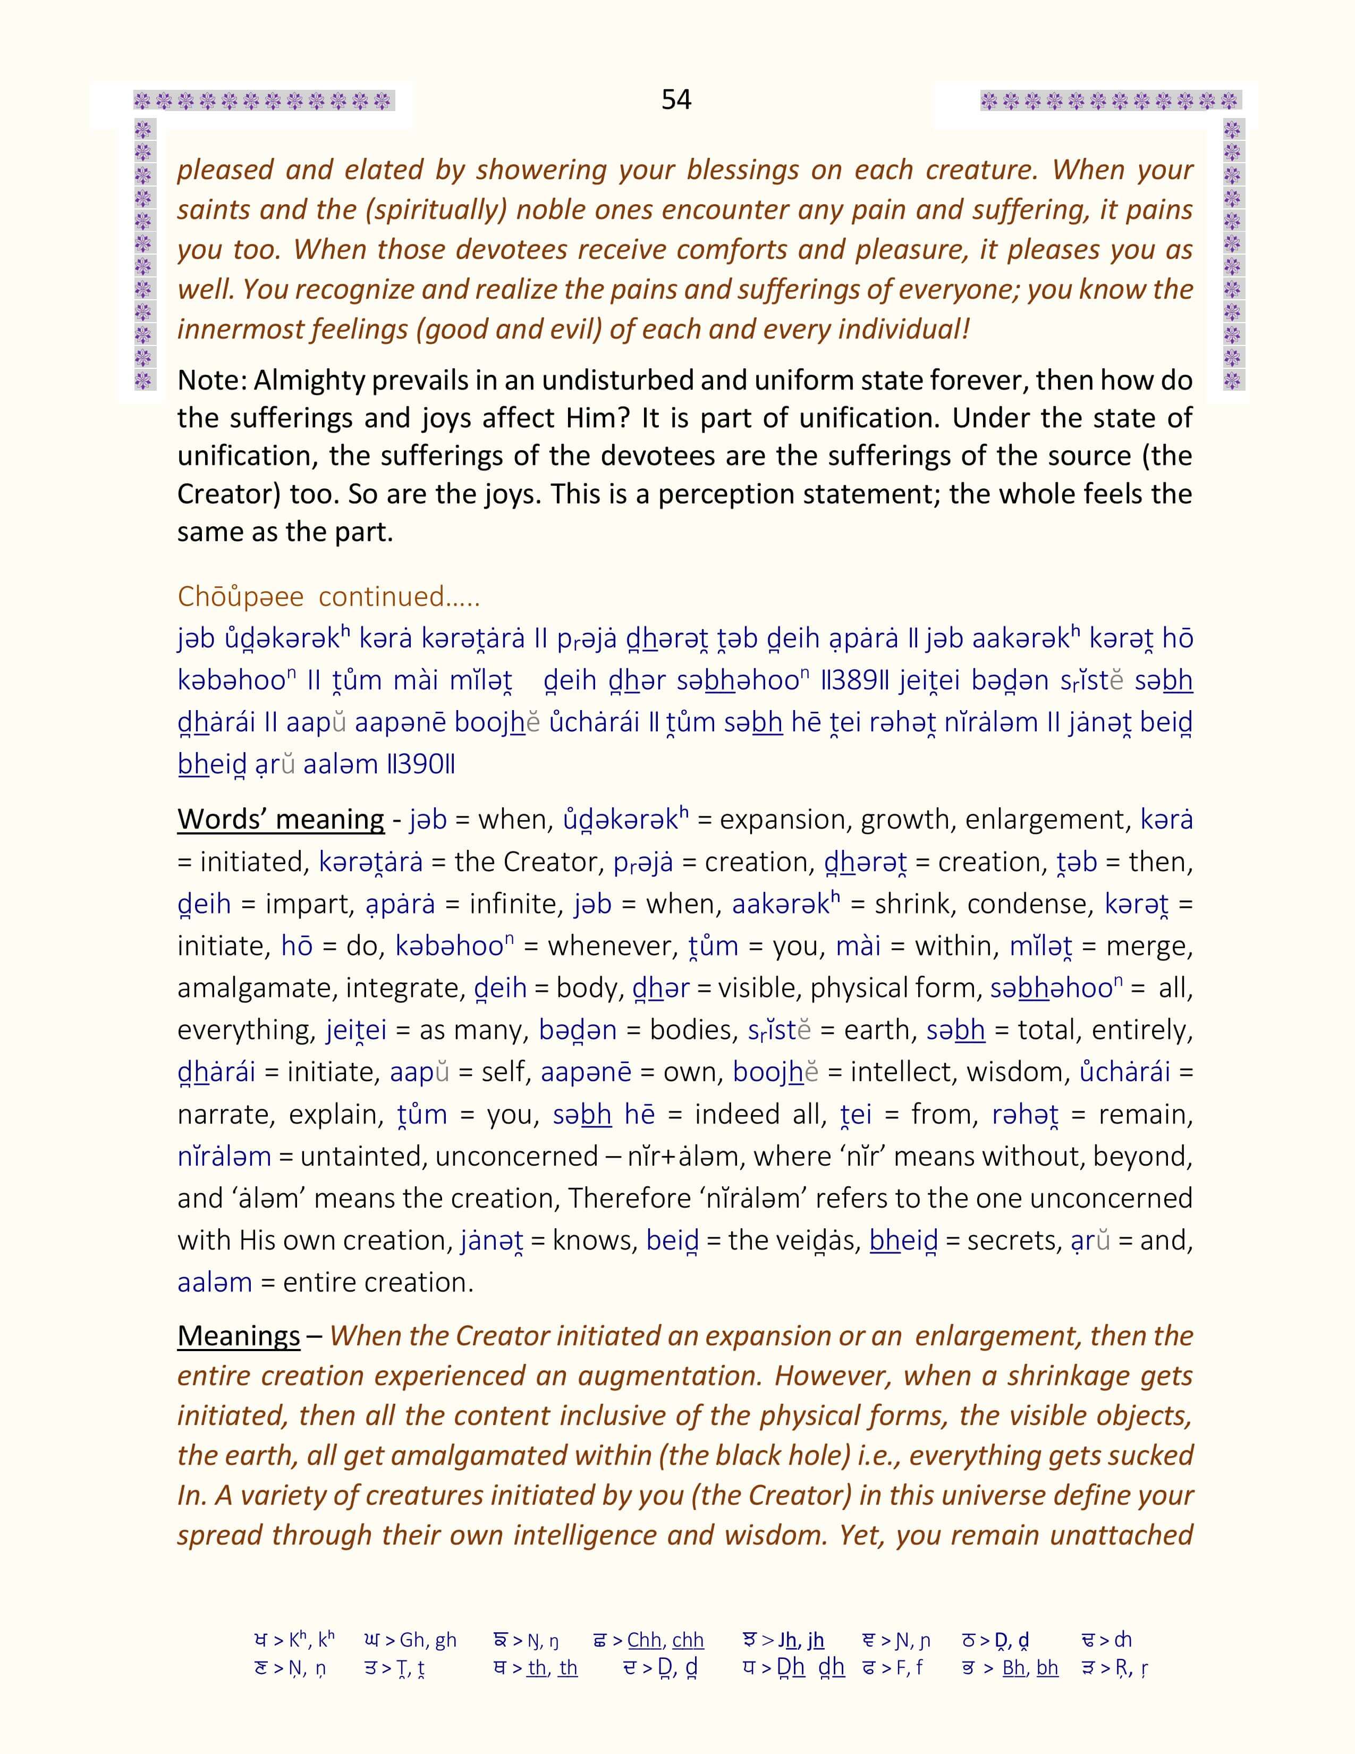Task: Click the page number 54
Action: pos(676,99)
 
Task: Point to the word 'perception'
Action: pos(727,494)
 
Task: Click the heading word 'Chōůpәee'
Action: pos(241,597)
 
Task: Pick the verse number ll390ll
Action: pos(421,764)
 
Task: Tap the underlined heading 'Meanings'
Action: pos(239,1336)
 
